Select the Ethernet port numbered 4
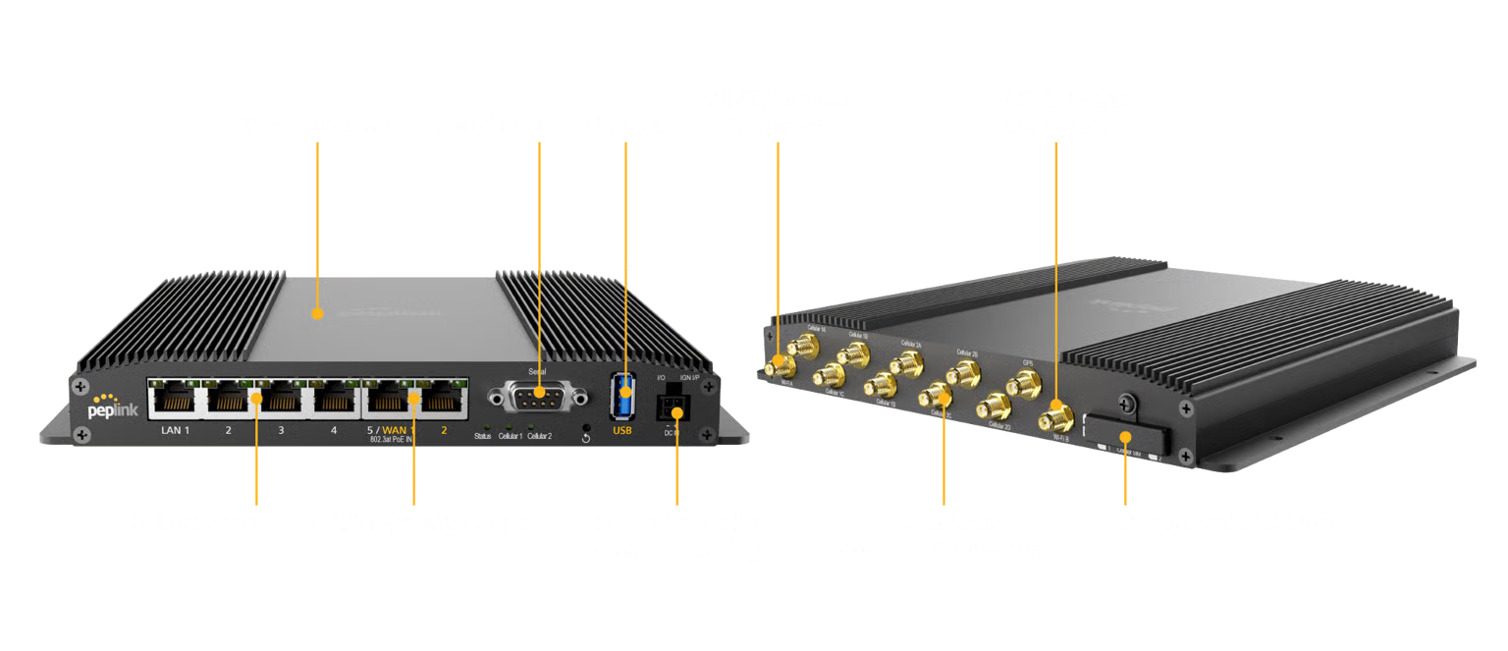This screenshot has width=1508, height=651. tap(335, 399)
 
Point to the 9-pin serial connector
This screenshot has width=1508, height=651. tap(538, 396)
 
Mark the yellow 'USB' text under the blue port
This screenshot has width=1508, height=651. tap(622, 430)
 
